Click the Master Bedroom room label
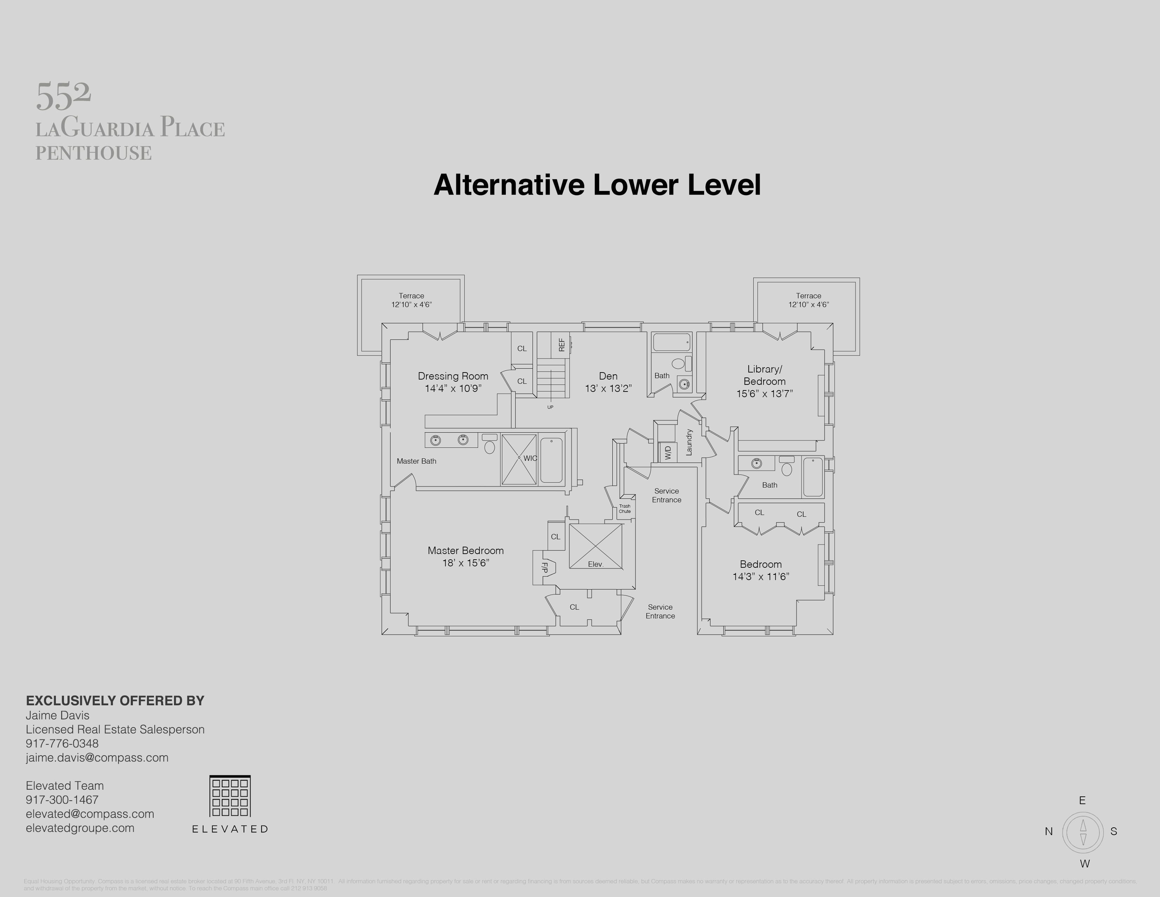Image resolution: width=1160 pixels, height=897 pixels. (x=465, y=551)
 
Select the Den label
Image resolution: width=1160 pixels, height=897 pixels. (x=608, y=376)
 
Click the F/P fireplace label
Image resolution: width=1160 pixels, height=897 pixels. (x=544, y=567)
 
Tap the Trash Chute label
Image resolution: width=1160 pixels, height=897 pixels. (x=625, y=509)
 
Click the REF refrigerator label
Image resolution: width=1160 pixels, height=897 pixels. (x=561, y=345)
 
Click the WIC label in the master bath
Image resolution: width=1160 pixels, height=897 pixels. (x=530, y=458)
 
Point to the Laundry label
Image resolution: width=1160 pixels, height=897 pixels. (x=689, y=442)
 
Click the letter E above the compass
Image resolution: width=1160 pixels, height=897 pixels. (x=1082, y=800)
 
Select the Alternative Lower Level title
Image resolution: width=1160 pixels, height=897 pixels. (x=597, y=185)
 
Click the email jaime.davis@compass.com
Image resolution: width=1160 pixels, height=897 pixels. (x=97, y=758)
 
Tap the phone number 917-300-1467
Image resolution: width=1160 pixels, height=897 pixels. (x=62, y=800)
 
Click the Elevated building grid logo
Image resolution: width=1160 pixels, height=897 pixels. (x=230, y=796)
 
